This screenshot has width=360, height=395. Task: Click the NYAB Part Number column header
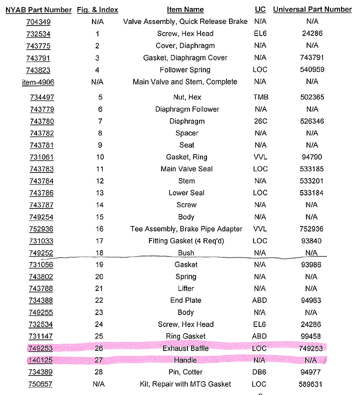tap(38, 9)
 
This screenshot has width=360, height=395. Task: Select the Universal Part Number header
tap(312, 9)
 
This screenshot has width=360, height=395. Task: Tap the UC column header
tap(260, 9)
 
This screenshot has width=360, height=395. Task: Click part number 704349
tap(38, 22)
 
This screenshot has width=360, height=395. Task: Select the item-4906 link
tap(38, 82)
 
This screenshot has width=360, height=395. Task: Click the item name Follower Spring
tap(185, 70)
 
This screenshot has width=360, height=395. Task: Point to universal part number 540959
tap(312, 70)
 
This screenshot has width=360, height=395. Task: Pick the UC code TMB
tap(260, 97)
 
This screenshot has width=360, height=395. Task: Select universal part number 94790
tap(312, 157)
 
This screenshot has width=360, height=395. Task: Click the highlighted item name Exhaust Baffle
tap(185, 348)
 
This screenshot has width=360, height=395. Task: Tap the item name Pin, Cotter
tap(185, 372)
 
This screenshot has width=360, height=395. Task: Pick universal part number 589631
tap(312, 384)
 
